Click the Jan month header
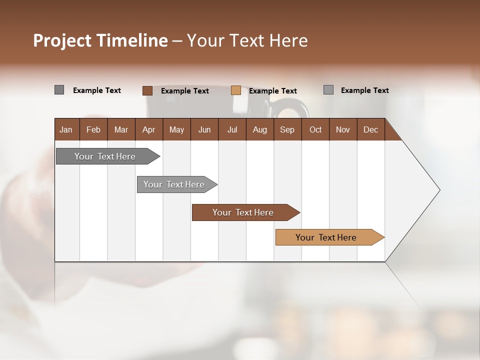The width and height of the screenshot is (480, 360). pyautogui.click(x=66, y=129)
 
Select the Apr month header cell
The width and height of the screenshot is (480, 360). pyautogui.click(x=148, y=129)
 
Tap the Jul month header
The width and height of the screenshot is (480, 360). pyautogui.click(x=232, y=129)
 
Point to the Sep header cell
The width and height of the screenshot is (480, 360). pyautogui.click(x=287, y=129)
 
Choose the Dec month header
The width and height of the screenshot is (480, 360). pyautogui.click(x=370, y=129)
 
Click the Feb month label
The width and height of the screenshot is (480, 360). pyautogui.click(x=93, y=129)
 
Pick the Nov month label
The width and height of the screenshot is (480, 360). pyautogui.click(x=342, y=129)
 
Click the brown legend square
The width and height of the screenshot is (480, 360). pyautogui.click(x=147, y=90)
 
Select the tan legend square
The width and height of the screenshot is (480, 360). pyautogui.click(x=236, y=90)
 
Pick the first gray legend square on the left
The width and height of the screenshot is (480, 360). pyautogui.click(x=59, y=90)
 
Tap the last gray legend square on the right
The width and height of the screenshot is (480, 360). pyautogui.click(x=328, y=90)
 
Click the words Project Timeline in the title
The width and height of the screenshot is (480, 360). pyautogui.click(x=100, y=40)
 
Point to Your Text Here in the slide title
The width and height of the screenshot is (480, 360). pyautogui.click(x=247, y=40)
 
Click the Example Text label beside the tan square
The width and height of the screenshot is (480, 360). pyautogui.click(x=272, y=91)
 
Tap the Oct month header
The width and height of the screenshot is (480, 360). pyautogui.click(x=315, y=129)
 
